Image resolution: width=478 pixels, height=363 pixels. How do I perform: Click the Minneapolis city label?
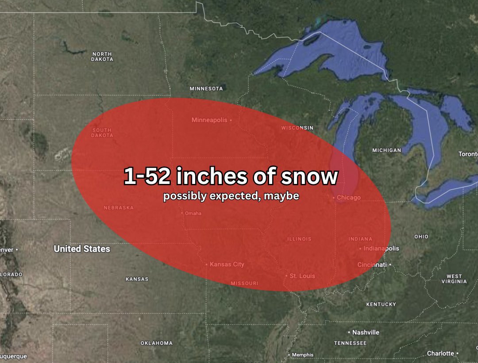click(209, 120)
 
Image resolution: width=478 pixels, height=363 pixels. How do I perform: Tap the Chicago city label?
click(348, 198)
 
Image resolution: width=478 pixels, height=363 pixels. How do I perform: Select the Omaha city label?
click(193, 213)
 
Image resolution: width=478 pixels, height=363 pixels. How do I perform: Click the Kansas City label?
click(227, 264)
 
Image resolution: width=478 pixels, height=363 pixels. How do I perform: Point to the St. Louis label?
click(302, 276)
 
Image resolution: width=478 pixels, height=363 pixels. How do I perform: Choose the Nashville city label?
click(366, 332)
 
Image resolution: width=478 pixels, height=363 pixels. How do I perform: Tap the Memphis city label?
click(303, 355)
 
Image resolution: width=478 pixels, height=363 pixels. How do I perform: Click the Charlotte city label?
click(440, 353)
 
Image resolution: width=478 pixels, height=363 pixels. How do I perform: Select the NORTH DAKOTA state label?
click(102, 57)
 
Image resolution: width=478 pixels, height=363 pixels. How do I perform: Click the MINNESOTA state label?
click(206, 88)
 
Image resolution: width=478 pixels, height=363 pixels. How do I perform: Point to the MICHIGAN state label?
click(386, 150)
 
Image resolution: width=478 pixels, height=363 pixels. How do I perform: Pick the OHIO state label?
click(421, 237)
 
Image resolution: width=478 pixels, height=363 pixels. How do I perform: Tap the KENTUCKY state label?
click(381, 304)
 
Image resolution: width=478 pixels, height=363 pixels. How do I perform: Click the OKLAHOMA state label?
click(157, 343)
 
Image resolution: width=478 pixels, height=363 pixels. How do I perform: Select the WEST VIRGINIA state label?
click(454, 279)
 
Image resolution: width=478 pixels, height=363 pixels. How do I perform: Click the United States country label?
click(82, 249)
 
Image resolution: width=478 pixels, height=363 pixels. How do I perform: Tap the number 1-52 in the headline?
click(146, 177)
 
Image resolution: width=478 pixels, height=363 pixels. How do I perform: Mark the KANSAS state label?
click(137, 279)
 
